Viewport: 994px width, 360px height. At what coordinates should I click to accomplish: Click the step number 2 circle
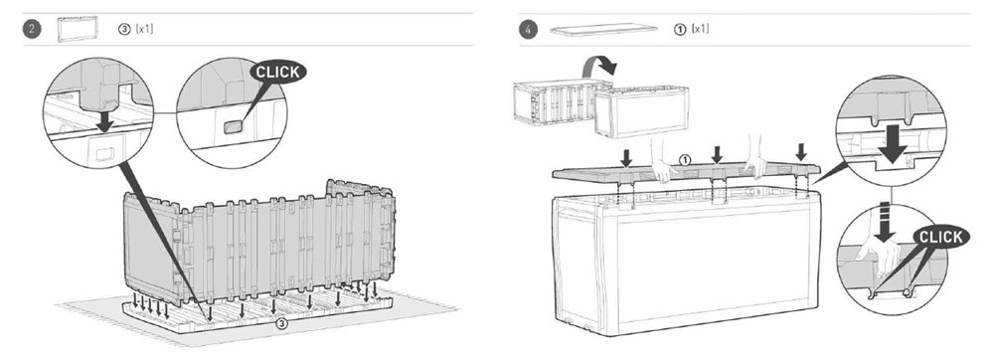click(x=32, y=29)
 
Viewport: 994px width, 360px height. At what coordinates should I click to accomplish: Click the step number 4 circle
click(x=528, y=29)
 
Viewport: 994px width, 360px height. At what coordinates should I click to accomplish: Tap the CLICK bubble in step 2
click(x=277, y=72)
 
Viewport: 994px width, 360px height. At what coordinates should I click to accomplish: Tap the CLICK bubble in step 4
click(x=940, y=237)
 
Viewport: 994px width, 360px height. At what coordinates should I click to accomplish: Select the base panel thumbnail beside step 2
click(x=78, y=29)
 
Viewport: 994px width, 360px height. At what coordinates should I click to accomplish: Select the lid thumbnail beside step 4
click(x=603, y=29)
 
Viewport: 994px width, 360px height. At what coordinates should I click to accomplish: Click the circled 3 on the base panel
click(x=282, y=324)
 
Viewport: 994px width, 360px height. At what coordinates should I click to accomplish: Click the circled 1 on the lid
click(x=684, y=160)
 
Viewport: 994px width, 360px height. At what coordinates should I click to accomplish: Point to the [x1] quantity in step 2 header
click(x=144, y=29)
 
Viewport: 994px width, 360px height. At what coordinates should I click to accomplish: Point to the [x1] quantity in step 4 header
click(x=701, y=29)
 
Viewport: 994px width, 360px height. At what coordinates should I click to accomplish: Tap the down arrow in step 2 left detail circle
click(x=105, y=120)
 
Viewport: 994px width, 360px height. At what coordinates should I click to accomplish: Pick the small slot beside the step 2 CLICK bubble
click(x=232, y=126)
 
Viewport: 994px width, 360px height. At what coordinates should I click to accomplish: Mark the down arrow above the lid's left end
click(x=626, y=158)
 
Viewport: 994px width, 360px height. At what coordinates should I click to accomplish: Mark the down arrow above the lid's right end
click(x=801, y=151)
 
